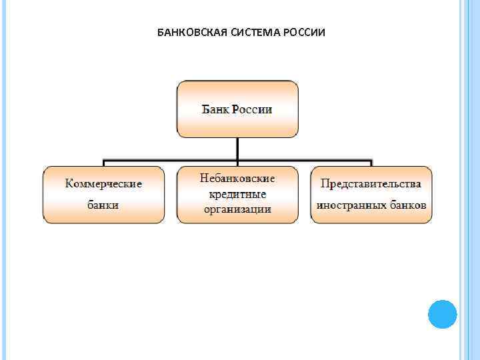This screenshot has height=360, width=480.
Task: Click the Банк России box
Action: point(237,109)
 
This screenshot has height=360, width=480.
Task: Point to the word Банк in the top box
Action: point(215,109)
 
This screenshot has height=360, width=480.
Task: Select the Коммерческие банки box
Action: point(103,194)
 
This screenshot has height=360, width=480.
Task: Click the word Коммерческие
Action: point(103,184)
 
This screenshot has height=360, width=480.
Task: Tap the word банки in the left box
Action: point(103,205)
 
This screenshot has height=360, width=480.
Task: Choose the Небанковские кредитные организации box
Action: point(237,194)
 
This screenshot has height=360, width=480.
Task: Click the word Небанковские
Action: point(237,179)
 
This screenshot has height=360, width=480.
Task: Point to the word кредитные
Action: point(237,194)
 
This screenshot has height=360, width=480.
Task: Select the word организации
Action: point(237,209)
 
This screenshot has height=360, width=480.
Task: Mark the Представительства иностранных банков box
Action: point(371,194)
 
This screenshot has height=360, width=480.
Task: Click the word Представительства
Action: point(371,183)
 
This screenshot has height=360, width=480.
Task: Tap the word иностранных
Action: point(352,205)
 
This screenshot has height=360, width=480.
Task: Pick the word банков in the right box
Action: point(408,205)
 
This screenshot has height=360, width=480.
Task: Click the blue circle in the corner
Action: point(442,313)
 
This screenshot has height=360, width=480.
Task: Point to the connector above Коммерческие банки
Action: point(103,163)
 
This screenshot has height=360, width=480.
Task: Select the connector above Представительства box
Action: point(371,163)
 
